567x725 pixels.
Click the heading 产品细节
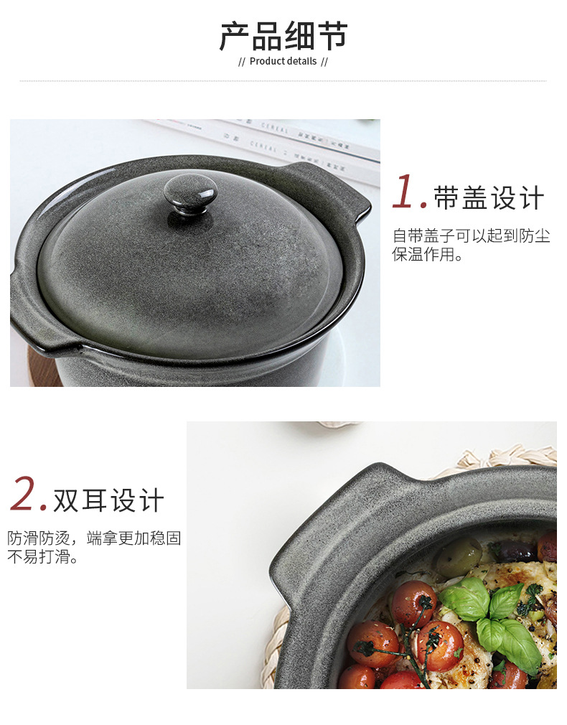click(x=283, y=36)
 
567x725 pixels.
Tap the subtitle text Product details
click(x=283, y=61)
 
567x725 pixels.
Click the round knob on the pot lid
click(x=190, y=192)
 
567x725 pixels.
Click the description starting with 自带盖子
click(x=471, y=245)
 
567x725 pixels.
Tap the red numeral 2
click(x=27, y=495)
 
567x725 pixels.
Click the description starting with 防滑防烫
click(x=94, y=547)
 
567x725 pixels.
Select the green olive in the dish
click(x=459, y=556)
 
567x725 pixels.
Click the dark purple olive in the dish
click(x=517, y=551)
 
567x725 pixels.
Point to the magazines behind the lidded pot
click(x=287, y=140)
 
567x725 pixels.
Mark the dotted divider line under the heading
click(x=283, y=81)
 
